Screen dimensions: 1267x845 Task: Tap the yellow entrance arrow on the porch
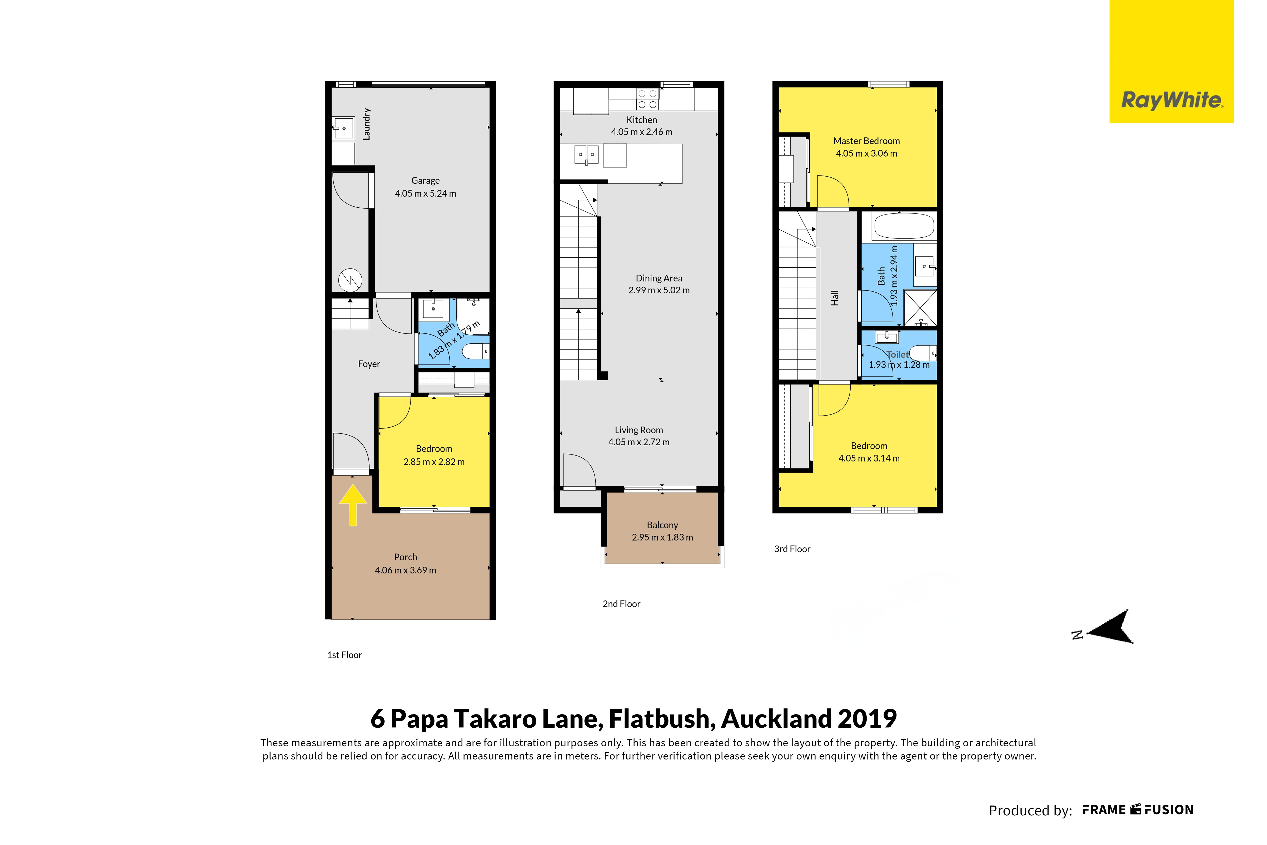(353, 504)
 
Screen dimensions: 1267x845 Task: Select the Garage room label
(425, 181)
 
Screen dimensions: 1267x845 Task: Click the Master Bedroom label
(867, 141)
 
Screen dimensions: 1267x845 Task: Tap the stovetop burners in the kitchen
(647, 99)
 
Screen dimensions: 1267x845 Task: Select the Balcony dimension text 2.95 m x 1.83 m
(662, 537)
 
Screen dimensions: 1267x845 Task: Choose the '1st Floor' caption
(344, 655)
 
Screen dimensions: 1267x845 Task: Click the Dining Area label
(659, 278)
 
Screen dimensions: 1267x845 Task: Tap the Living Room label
(639, 430)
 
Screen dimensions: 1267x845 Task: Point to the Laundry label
(366, 124)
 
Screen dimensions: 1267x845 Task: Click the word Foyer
(369, 364)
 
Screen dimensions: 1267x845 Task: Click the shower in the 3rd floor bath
(920, 308)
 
